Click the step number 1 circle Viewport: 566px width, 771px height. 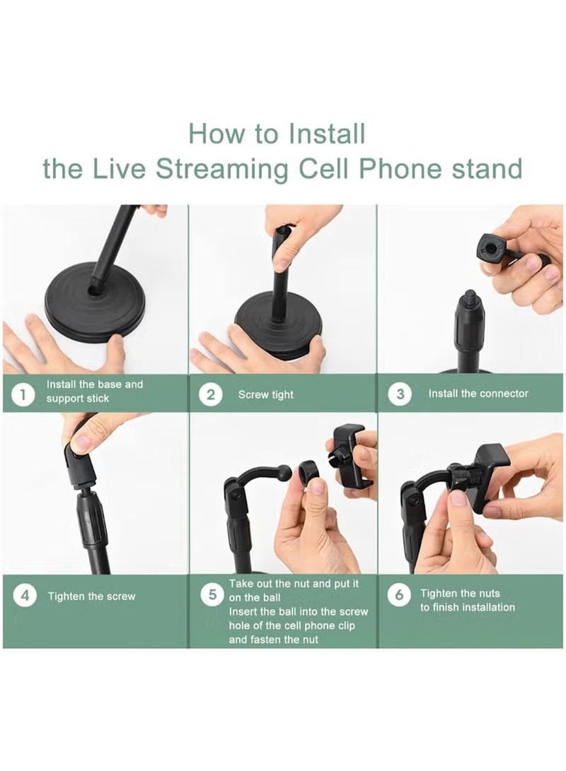coord(22,395)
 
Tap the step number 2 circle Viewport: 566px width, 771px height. coord(211,395)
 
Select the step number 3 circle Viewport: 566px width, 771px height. coord(400,394)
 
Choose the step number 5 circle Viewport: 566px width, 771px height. coord(213,595)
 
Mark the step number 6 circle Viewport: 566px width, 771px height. coord(398,595)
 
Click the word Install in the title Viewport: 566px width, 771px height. coord(326,134)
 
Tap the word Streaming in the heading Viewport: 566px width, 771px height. coord(222,169)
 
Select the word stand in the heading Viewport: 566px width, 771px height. coord(486,169)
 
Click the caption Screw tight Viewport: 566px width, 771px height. coord(266,395)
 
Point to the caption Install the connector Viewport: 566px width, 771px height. coord(478,394)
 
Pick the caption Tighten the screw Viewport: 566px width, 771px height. coord(91,596)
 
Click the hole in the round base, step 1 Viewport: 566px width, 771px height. coord(93,291)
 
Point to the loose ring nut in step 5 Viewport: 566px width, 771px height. coord(309,473)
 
